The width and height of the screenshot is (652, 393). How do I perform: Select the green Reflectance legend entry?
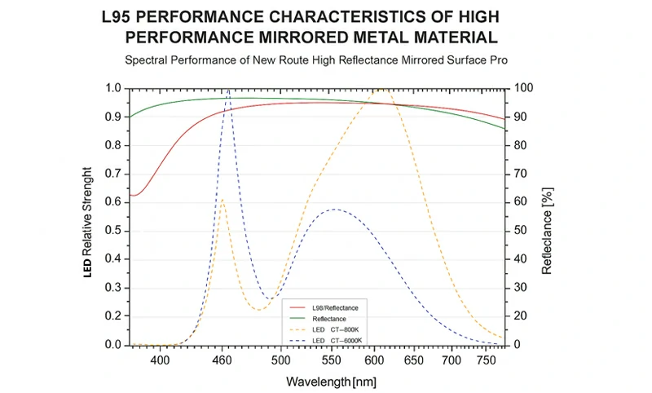pyautogui.click(x=329, y=318)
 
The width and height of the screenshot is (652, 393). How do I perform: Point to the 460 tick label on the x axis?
pyautogui.click(x=222, y=359)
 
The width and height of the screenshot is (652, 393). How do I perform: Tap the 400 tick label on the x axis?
pyautogui.click(x=161, y=359)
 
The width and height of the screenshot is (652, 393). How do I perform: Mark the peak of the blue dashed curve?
pyautogui.click(x=228, y=90)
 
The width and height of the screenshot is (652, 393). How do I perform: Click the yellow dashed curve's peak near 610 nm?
pyautogui.click(x=381, y=89)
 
